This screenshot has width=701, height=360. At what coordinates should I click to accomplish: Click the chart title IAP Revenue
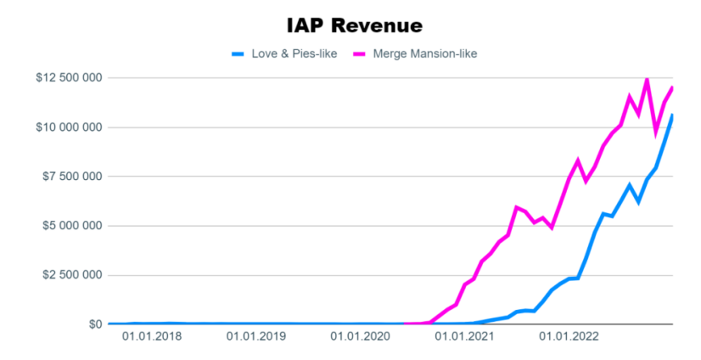click(354, 25)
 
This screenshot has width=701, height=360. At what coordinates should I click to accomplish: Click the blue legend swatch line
click(238, 54)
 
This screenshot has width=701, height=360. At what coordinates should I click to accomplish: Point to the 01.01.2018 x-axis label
click(152, 337)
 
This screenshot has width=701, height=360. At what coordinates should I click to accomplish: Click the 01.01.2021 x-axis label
click(464, 337)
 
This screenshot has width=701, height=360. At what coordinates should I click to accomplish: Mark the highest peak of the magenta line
click(647, 79)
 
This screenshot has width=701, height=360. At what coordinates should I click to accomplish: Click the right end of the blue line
click(672, 115)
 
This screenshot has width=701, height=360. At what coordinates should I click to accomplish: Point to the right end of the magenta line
click(672, 87)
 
